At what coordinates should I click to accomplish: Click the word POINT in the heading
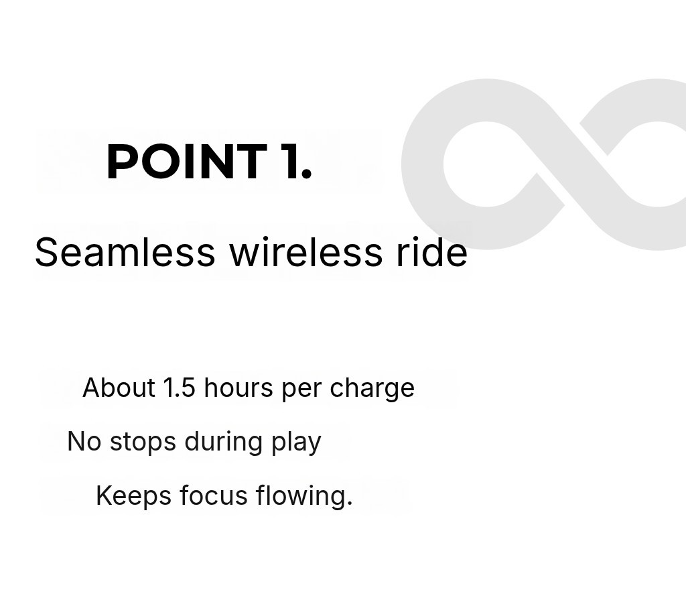click(187, 162)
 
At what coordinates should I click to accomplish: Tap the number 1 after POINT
click(289, 162)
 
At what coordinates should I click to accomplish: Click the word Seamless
click(125, 252)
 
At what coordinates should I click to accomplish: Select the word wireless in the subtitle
click(306, 252)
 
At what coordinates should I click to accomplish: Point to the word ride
click(432, 252)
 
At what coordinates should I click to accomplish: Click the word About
click(119, 388)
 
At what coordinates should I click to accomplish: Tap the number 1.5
click(179, 388)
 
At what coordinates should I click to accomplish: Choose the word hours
click(238, 388)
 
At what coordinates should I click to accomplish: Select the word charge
click(372, 390)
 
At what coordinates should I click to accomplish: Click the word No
click(84, 441)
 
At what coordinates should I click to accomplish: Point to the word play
click(296, 443)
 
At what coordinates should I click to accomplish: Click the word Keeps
click(133, 496)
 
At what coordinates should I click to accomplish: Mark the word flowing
click(304, 496)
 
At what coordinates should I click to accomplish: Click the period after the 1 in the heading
click(306, 174)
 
